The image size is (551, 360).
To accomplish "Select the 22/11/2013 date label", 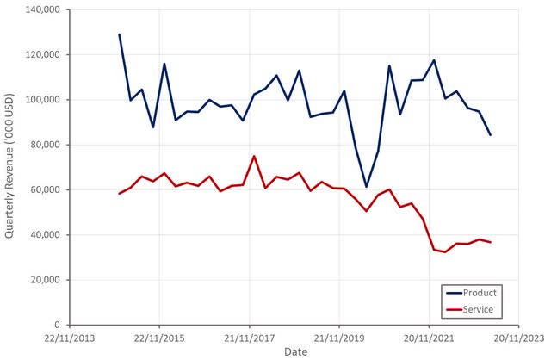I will click(70, 338).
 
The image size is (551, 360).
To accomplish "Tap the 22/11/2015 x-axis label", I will click(159, 338).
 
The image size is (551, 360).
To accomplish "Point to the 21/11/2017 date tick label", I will click(249, 338).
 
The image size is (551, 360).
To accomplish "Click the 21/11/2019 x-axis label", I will click(339, 338).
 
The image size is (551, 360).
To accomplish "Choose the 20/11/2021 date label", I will click(429, 338).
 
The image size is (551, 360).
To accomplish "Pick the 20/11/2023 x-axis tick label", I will click(518, 338).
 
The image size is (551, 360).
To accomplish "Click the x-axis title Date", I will click(294, 352).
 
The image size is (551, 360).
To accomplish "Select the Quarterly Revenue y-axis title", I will click(10, 167).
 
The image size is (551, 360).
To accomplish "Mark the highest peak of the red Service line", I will click(255, 156).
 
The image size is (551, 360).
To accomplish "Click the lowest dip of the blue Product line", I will click(367, 187).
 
